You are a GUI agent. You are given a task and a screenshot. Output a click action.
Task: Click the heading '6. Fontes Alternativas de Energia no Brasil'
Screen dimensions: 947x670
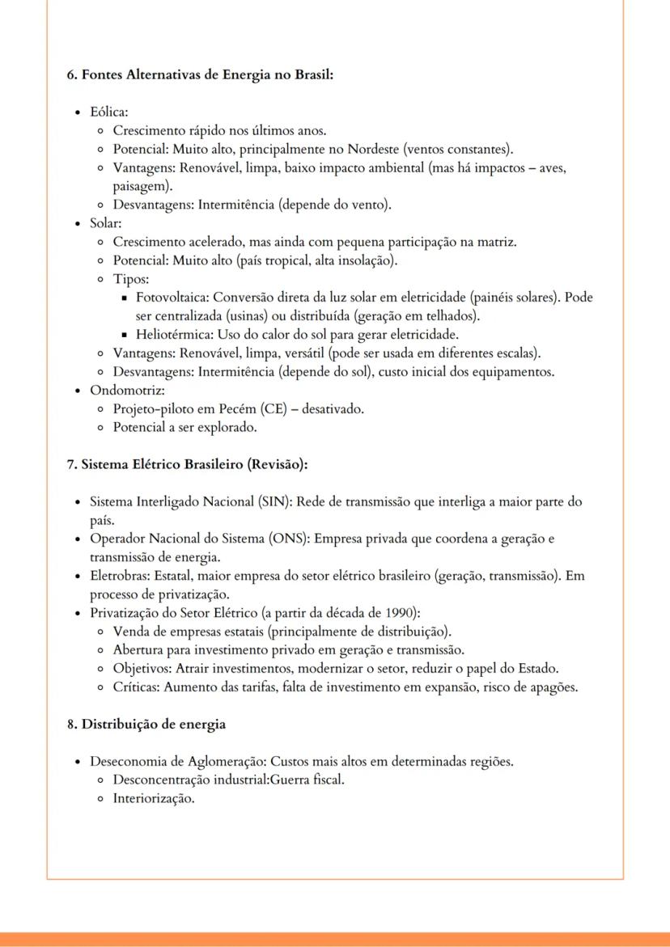[200, 74]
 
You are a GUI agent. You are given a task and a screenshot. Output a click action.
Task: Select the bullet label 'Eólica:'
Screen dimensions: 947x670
[109, 112]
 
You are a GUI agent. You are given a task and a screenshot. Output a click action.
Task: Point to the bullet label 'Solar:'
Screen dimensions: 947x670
[106, 222]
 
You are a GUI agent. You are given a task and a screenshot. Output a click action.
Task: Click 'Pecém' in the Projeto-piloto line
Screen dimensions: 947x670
[241, 408]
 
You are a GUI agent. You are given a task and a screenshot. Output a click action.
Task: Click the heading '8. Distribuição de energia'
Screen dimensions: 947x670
[146, 725]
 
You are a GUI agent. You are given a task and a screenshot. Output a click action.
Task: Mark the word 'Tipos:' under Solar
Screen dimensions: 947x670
[131, 279]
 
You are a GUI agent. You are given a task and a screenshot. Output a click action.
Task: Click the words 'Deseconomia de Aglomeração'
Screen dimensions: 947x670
[177, 762]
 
